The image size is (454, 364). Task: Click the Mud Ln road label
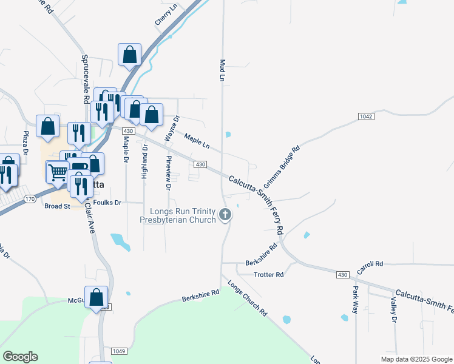click(222, 70)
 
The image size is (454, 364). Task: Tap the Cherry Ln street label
click(166, 15)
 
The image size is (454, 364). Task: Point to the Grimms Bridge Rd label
click(282, 167)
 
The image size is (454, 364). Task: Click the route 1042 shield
click(365, 116)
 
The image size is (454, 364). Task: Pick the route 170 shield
click(30, 198)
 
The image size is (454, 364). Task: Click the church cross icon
click(225, 214)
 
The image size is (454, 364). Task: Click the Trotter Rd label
click(268, 275)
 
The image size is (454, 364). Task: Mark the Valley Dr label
click(394, 310)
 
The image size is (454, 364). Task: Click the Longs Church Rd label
click(247, 298)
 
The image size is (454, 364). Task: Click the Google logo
click(20, 357)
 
